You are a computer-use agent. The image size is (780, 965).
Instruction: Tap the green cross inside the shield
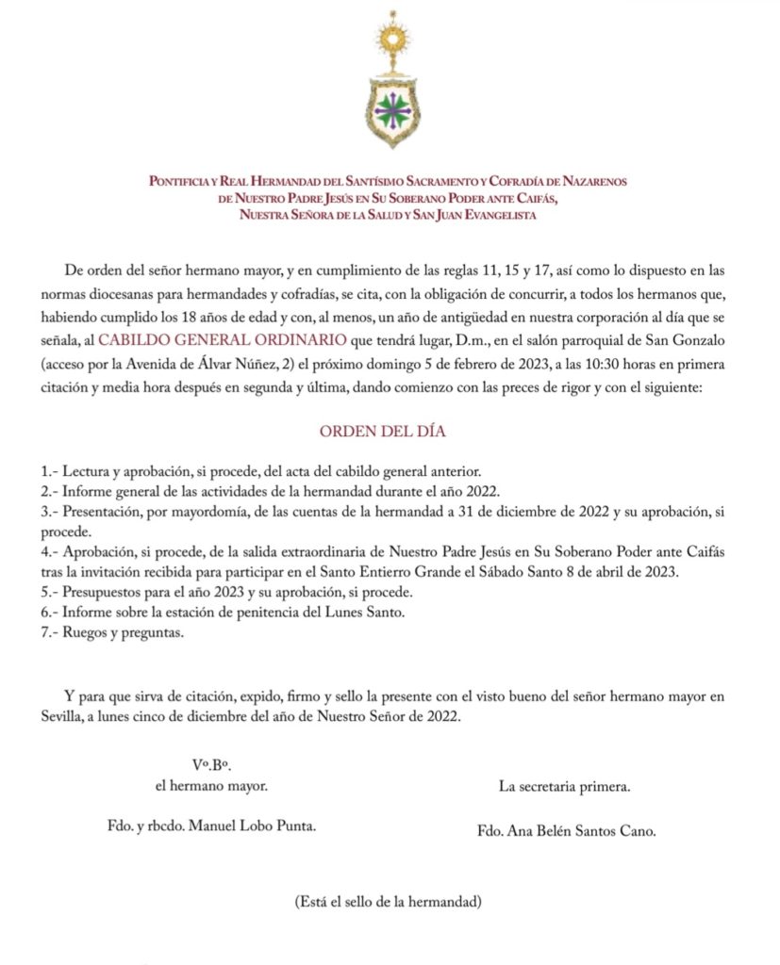click(389, 111)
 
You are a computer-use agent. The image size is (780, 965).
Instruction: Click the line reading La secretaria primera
click(565, 785)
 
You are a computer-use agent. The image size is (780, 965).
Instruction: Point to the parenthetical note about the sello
click(389, 901)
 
